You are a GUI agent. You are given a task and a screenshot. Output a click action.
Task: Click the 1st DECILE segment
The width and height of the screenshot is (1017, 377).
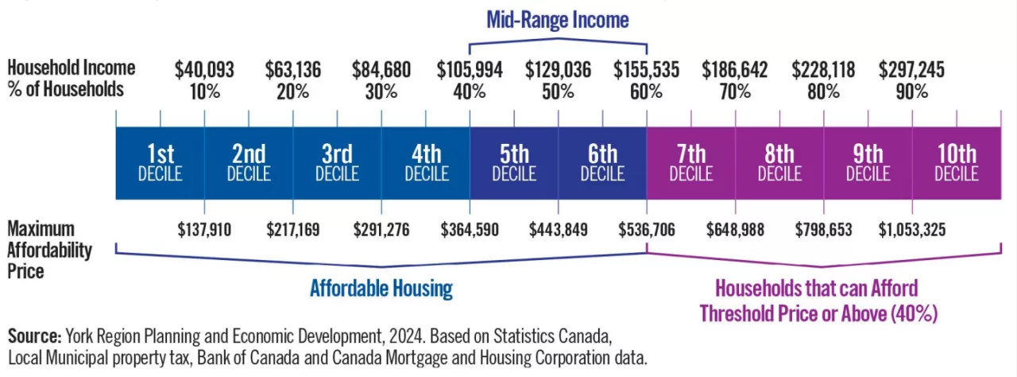160,162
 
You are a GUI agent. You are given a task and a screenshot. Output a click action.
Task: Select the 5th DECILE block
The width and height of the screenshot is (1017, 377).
514,162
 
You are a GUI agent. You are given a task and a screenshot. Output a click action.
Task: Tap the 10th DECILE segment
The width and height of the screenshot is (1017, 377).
956,162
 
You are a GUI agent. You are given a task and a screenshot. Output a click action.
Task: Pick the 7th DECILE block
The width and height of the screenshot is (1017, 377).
690,162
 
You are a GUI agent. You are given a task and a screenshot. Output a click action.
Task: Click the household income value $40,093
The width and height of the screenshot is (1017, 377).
204,70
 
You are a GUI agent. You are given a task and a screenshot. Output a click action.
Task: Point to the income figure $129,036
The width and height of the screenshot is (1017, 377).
558,70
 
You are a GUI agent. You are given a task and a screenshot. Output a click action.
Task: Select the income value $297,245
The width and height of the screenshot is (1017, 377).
911,70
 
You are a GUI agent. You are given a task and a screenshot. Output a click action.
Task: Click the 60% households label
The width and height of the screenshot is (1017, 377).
647,91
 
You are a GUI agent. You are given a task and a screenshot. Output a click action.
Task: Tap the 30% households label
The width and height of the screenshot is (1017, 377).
381,91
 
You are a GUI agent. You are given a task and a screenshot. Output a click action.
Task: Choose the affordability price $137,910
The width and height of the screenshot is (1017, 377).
204,230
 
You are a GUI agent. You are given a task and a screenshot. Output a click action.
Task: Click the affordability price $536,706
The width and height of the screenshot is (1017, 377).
646,230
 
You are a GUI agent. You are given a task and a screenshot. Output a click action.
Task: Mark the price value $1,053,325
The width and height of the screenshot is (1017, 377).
911,230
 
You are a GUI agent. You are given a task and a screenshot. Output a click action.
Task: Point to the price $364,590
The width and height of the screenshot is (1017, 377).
470,230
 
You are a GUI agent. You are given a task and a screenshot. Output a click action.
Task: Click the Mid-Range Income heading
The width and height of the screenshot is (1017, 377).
557,20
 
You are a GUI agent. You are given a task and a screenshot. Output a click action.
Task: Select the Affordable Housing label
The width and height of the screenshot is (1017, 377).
381,289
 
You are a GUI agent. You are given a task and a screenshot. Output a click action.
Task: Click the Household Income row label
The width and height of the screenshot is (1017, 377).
72,68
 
